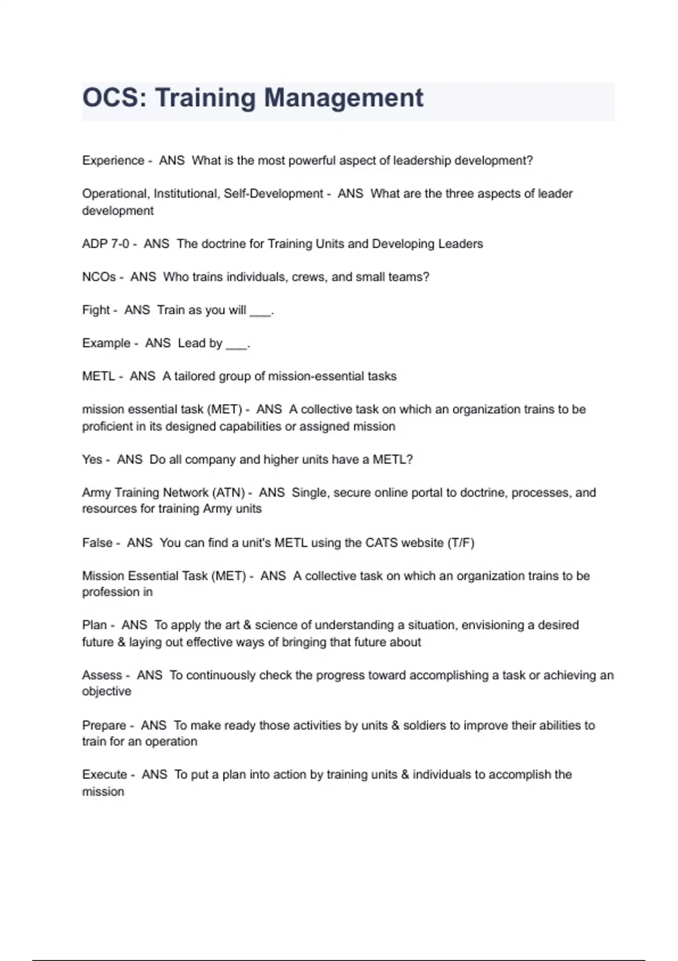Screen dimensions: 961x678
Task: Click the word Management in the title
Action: pyautogui.click(x=344, y=98)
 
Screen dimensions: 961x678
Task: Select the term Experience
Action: pyautogui.click(x=113, y=161)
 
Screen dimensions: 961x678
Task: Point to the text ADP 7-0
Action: pyautogui.click(x=106, y=244)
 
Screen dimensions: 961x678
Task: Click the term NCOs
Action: pyautogui.click(x=99, y=277)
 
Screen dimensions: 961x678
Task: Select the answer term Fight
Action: pyautogui.click(x=96, y=310)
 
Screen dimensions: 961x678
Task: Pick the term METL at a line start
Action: pyautogui.click(x=98, y=376)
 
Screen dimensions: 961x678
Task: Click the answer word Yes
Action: pyautogui.click(x=92, y=460)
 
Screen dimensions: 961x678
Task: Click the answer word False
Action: pyautogui.click(x=97, y=543)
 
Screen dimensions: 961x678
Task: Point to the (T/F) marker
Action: pyautogui.click(x=460, y=543)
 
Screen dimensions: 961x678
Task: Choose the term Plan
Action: pyautogui.click(x=94, y=625)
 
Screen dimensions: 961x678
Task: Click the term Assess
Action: pyautogui.click(x=102, y=676)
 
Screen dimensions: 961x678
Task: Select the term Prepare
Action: pyautogui.click(x=104, y=725)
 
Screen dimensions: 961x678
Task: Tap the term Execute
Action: pyautogui.click(x=105, y=775)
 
